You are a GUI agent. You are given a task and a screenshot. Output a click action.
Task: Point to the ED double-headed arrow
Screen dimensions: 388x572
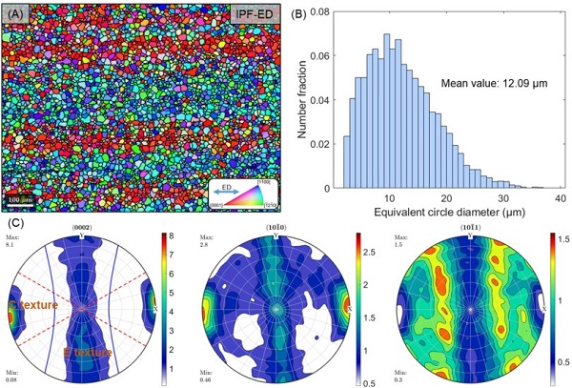tap(226, 189)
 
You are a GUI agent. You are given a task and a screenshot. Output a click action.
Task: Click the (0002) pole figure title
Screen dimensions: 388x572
tap(86, 226)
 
